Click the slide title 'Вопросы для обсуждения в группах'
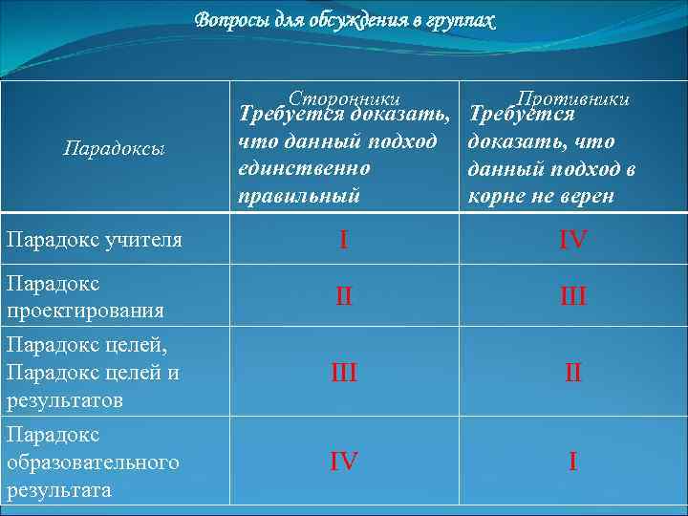click(345, 20)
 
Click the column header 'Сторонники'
click(343, 97)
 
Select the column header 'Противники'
click(572, 97)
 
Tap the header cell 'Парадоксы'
click(114, 148)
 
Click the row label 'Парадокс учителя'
click(94, 239)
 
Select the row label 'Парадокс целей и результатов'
click(92, 372)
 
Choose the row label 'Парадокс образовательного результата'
click(92, 462)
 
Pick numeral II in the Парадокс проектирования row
click(344, 297)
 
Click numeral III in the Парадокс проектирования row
click(573, 297)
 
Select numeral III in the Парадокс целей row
click(344, 373)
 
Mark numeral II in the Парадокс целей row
click(573, 373)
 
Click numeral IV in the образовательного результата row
click(344, 462)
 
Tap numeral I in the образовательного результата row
click(572, 462)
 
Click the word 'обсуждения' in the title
click(324, 20)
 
